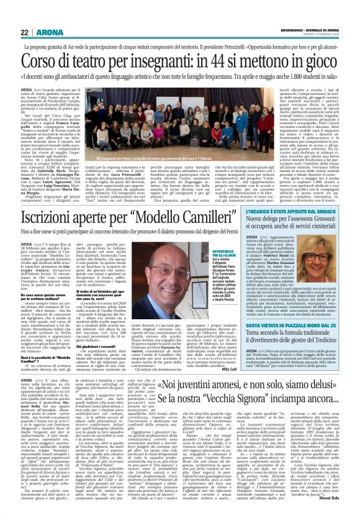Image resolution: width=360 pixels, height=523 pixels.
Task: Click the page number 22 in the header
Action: coord(25,14)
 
